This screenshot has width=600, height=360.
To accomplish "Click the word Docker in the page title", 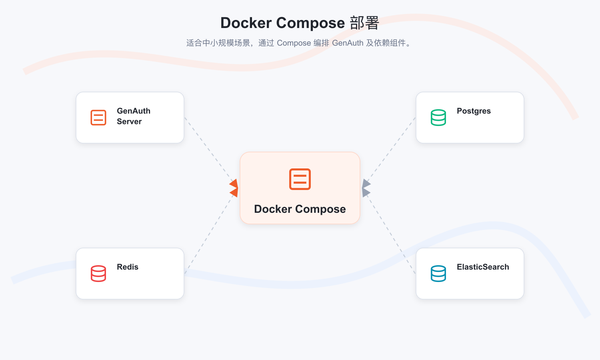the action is pyautogui.click(x=246, y=23).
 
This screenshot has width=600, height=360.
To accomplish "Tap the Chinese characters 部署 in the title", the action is pyautogui.click(x=364, y=23).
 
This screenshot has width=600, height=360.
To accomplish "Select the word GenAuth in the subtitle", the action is pyautogui.click(x=348, y=43).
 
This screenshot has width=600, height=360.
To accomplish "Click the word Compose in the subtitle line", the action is pyautogui.click(x=294, y=43).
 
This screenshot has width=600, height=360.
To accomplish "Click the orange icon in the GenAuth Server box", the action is pyautogui.click(x=98, y=117).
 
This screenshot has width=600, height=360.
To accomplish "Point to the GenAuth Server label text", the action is pyautogui.click(x=133, y=116).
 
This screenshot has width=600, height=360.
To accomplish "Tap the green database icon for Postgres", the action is pyautogui.click(x=438, y=117).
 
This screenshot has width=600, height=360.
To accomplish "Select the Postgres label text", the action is pyautogui.click(x=474, y=111).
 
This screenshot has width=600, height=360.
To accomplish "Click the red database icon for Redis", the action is pyautogui.click(x=98, y=274).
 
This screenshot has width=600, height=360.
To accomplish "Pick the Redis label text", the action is pyautogui.click(x=128, y=267).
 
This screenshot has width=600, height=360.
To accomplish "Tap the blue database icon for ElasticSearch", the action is pyautogui.click(x=438, y=274).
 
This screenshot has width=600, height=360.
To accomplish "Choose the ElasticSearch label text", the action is pyautogui.click(x=483, y=267).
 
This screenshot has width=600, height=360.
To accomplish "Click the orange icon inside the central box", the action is pyautogui.click(x=300, y=179).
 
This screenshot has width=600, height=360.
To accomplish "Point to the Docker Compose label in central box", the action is pyautogui.click(x=300, y=209).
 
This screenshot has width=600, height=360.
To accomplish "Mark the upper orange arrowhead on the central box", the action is pyautogui.click(x=234, y=184).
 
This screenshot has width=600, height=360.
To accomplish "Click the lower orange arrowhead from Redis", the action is pyautogui.click(x=234, y=192).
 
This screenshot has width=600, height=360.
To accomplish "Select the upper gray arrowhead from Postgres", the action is pyautogui.click(x=366, y=184).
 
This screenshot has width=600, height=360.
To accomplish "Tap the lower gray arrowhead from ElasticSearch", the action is pyautogui.click(x=366, y=192).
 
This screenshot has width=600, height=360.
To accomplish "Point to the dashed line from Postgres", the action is pyautogui.click(x=391, y=150).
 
